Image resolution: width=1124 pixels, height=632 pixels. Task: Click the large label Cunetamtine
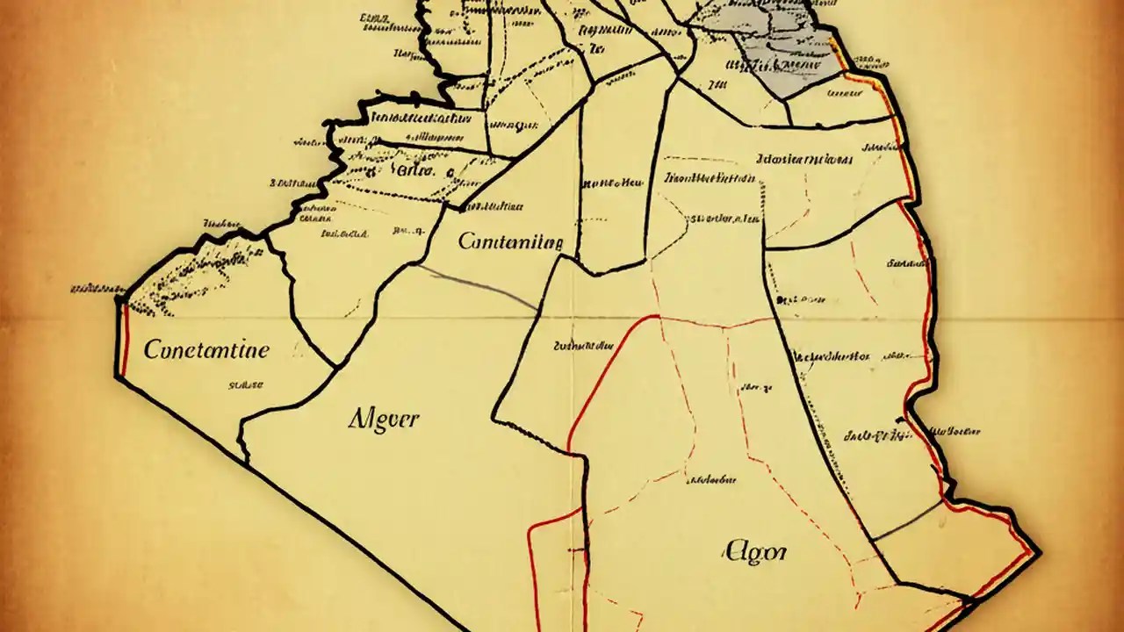[x=206, y=350]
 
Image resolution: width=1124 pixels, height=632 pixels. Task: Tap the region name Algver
[x=383, y=419]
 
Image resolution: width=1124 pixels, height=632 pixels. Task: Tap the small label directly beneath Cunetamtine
[x=247, y=384]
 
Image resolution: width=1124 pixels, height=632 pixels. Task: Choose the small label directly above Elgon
[x=712, y=480]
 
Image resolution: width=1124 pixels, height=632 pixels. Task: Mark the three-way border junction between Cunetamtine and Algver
[x=335, y=367]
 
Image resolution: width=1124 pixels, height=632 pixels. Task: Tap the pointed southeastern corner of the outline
[x=1039, y=552]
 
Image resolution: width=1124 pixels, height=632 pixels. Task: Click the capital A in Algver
[x=357, y=418]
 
